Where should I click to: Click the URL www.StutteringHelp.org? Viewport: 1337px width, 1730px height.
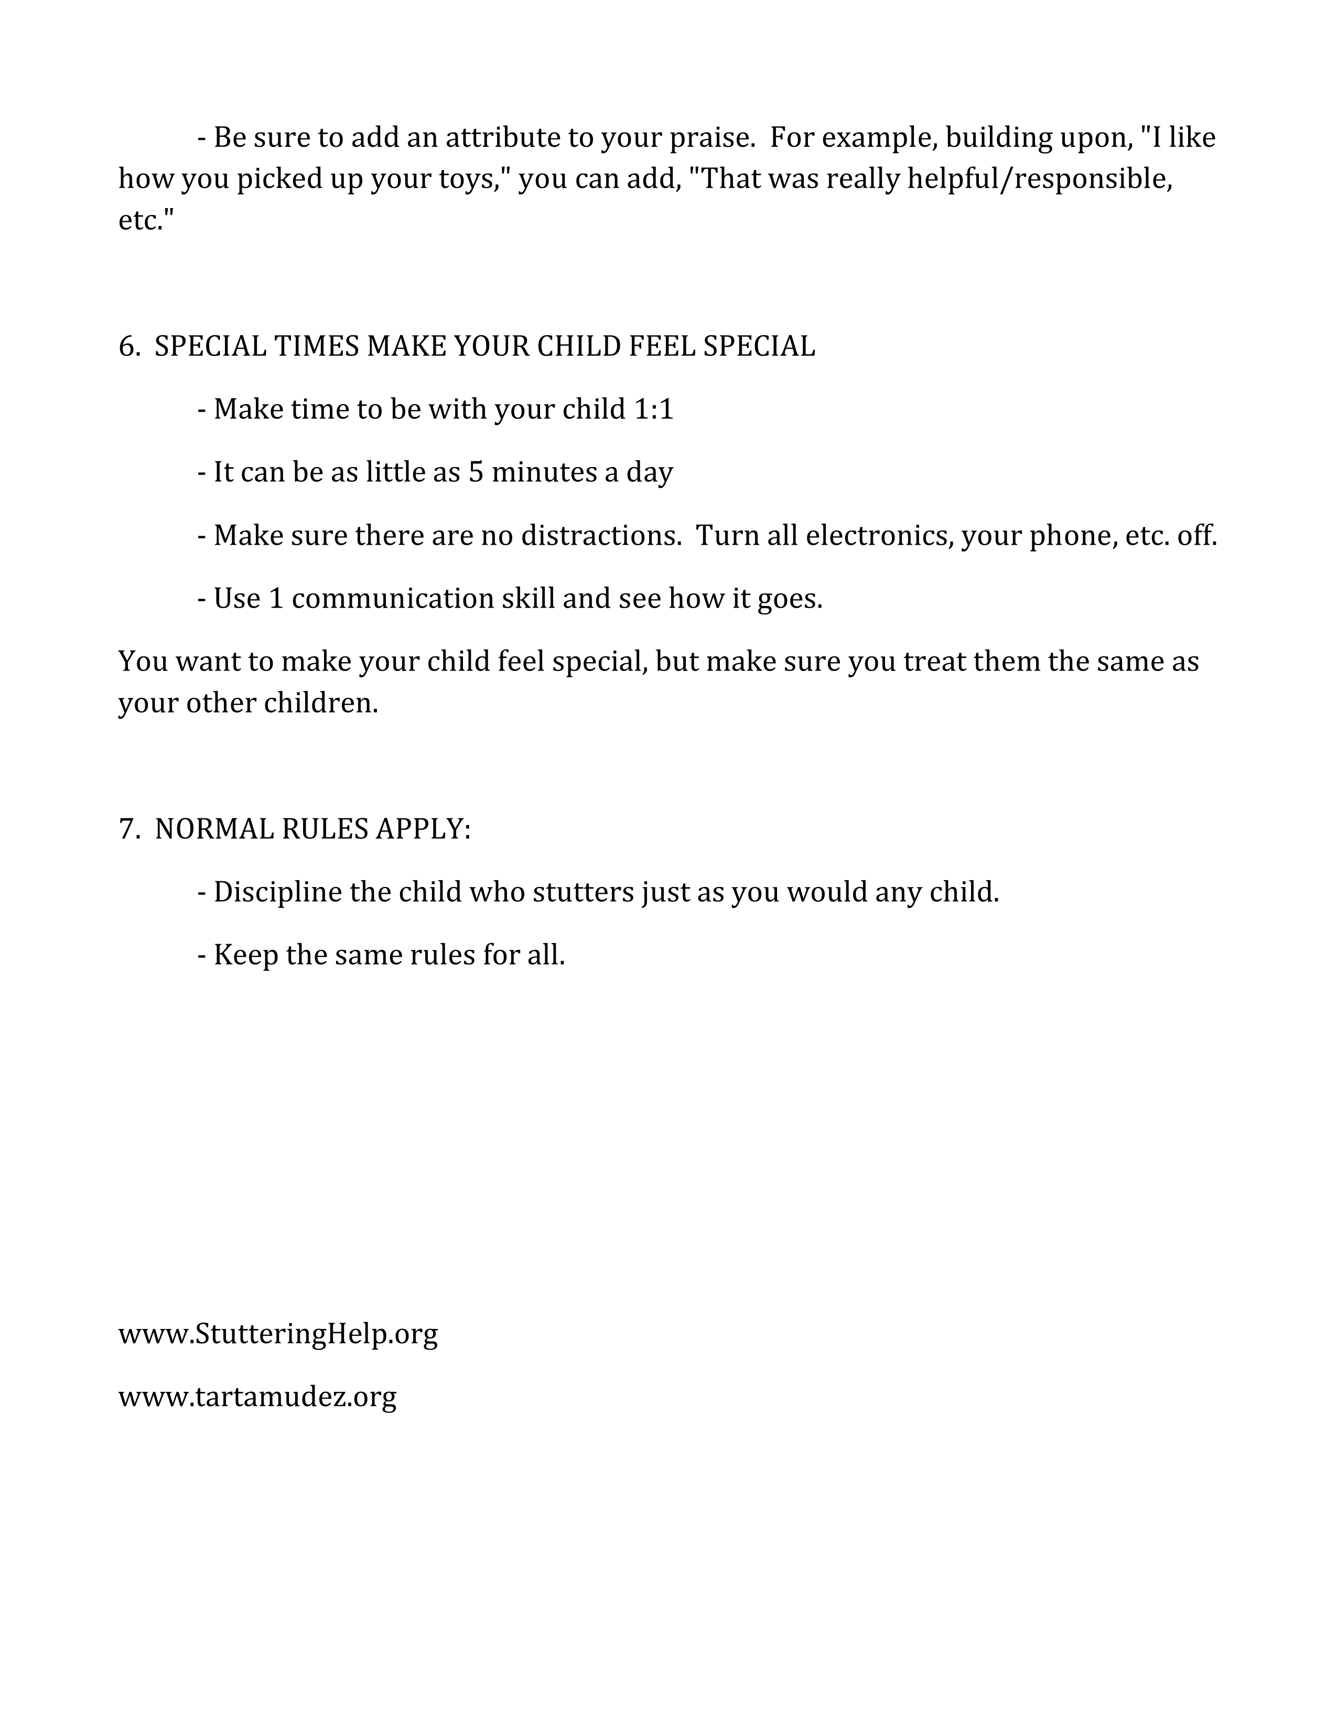[278, 1334]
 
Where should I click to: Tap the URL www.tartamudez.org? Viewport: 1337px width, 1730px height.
[257, 1397]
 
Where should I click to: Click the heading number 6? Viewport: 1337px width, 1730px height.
[129, 347]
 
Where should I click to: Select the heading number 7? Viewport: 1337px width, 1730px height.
[129, 829]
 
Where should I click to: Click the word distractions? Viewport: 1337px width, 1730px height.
[600, 536]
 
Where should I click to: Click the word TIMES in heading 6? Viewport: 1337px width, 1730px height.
[316, 347]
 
